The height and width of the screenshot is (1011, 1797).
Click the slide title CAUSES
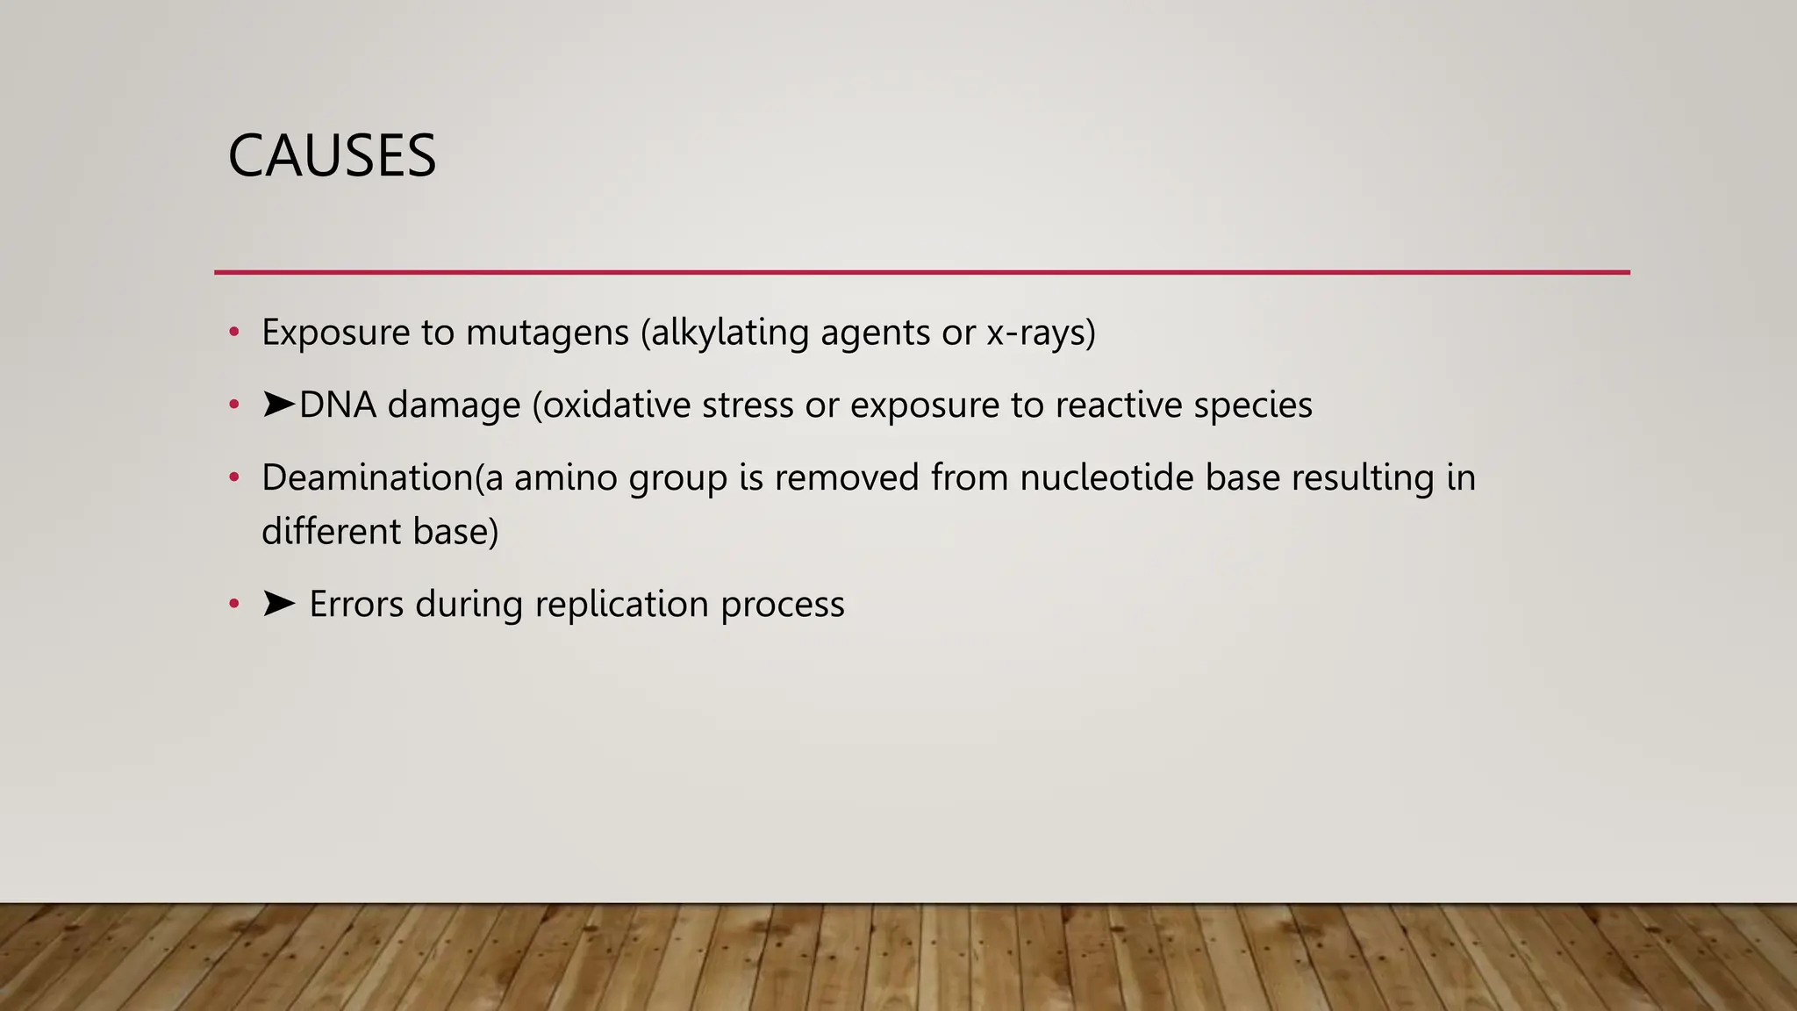click(332, 156)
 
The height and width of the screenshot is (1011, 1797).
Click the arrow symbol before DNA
click(278, 405)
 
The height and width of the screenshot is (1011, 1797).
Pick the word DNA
click(338, 405)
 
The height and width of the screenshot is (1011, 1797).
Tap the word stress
click(748, 405)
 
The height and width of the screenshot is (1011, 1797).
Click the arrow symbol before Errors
click(278, 604)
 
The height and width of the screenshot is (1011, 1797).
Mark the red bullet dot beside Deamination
click(233, 478)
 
